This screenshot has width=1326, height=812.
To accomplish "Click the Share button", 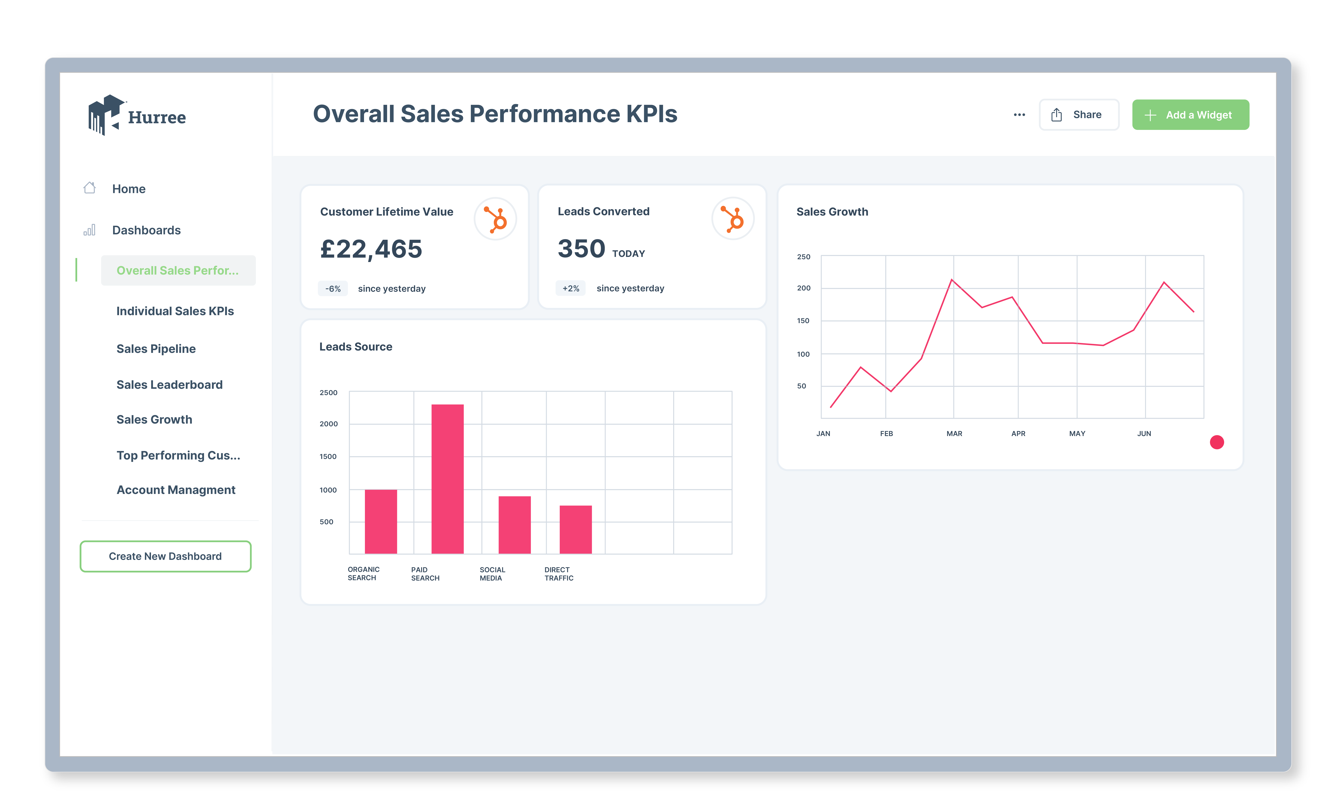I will [x=1079, y=115].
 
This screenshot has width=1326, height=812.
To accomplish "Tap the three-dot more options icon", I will [x=1019, y=115].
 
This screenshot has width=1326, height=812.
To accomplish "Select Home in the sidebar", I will [x=129, y=189].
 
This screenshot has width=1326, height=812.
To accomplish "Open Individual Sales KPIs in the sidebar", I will [x=175, y=311].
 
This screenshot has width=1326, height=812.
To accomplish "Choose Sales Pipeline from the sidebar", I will [x=156, y=349].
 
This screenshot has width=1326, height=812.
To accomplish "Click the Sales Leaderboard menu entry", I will [x=170, y=385].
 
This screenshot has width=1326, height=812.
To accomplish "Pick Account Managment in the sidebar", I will [x=176, y=490].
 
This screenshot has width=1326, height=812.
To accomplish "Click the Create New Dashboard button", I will [x=165, y=556].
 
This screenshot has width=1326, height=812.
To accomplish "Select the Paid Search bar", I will [x=447, y=479].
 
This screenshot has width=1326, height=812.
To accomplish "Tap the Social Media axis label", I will [x=492, y=574].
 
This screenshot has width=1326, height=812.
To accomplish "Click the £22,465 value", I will [x=371, y=249].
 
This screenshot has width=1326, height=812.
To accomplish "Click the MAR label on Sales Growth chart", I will [x=954, y=434].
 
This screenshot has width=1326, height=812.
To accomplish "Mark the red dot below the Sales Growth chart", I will [x=1217, y=442].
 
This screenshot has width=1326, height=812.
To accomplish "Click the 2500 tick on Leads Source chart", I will [x=328, y=393].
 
